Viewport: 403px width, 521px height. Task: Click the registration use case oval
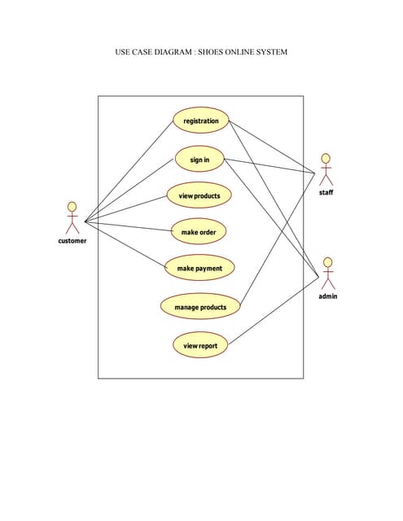[x=200, y=121]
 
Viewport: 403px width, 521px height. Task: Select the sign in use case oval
[x=199, y=160]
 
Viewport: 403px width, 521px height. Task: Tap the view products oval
[x=199, y=195]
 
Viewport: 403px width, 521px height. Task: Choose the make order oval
[x=198, y=232]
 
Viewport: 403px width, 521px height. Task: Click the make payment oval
[x=199, y=268]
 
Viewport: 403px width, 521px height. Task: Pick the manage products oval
[x=200, y=307]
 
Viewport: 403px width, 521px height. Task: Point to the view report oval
[x=200, y=346]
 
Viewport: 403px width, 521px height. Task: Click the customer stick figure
[x=72, y=217]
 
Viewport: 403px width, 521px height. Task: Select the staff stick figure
[x=326, y=169]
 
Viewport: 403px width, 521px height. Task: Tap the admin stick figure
[x=327, y=274]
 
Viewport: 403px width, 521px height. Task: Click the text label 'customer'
[x=72, y=241]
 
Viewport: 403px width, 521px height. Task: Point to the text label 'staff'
[x=326, y=193]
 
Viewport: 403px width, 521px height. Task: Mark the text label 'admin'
[x=327, y=296]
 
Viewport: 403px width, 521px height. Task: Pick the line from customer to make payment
[x=125, y=243]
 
